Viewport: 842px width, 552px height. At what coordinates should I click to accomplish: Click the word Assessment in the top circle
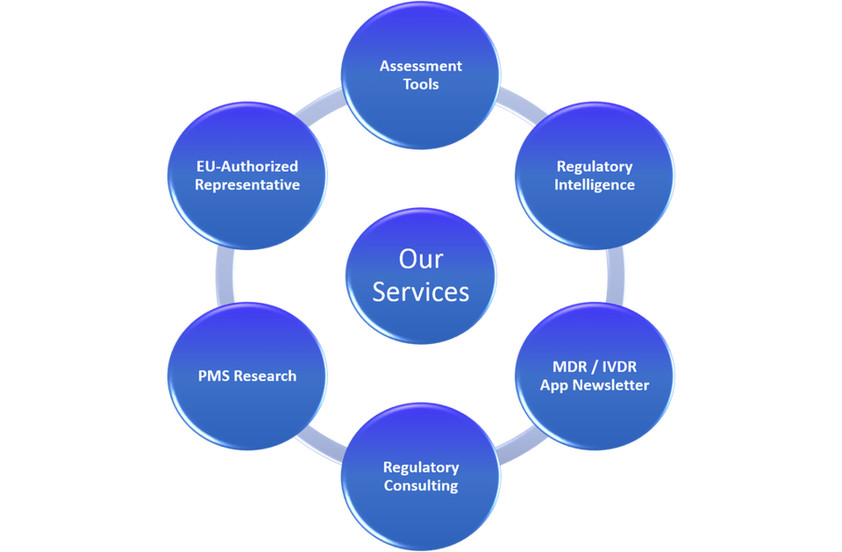[x=420, y=66]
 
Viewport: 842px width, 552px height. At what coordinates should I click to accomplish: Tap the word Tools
[x=421, y=84]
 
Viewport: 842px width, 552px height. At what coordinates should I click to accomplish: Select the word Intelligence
[x=595, y=185]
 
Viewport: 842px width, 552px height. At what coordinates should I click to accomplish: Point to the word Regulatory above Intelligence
[x=595, y=167]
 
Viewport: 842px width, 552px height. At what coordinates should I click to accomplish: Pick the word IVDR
[x=619, y=367]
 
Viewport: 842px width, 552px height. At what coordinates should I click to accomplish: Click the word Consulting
[x=421, y=486]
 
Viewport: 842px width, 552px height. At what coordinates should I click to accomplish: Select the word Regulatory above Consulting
[x=421, y=468]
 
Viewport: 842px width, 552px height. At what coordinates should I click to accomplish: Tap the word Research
[x=265, y=376]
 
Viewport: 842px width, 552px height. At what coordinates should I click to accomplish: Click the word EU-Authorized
[x=247, y=166]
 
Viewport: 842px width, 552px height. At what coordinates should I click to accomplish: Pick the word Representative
[x=247, y=185]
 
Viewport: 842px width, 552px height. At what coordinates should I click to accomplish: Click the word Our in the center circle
[x=421, y=259]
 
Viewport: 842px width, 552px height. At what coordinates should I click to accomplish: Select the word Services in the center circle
[x=421, y=292]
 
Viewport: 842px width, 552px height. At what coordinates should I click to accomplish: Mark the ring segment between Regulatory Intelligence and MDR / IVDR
[x=616, y=276]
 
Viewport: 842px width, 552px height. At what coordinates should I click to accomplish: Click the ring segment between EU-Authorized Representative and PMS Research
[x=225, y=276]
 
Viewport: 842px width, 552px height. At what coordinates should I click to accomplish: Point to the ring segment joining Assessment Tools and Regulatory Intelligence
[x=520, y=105]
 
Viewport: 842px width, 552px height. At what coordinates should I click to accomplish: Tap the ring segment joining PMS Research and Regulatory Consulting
[x=320, y=447]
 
